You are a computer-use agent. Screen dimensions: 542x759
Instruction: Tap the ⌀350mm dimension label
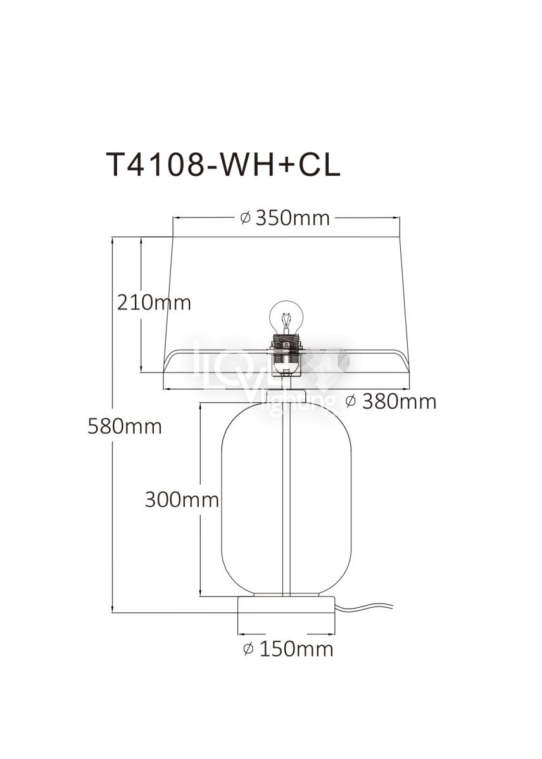click(284, 218)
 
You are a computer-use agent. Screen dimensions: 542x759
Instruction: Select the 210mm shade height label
click(154, 303)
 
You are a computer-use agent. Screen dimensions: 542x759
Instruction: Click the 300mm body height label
click(182, 499)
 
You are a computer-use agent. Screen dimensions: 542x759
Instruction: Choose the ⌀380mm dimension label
click(391, 402)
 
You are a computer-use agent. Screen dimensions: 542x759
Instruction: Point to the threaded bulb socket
click(286, 347)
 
